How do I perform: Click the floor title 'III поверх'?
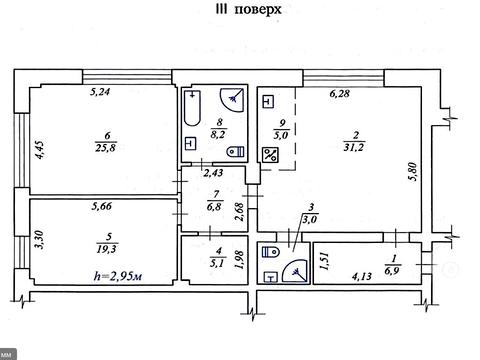click(x=249, y=10)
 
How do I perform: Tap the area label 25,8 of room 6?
click(x=106, y=148)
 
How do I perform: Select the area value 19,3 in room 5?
click(x=107, y=249)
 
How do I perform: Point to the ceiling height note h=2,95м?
click(x=118, y=276)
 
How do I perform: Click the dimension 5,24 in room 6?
click(x=100, y=92)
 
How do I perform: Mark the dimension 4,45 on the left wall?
click(x=40, y=150)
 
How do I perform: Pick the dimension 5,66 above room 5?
click(x=102, y=206)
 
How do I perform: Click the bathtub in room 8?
click(x=192, y=108)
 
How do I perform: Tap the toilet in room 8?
click(x=236, y=152)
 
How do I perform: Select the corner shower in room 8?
click(x=232, y=100)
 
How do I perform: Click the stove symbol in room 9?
click(x=270, y=155)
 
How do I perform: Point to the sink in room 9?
click(x=268, y=102)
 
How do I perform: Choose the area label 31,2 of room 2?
click(x=354, y=147)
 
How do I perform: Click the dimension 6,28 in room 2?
click(x=340, y=93)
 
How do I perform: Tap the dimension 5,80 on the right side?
click(x=413, y=172)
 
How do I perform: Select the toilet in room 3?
click(x=270, y=252)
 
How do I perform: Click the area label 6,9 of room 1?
click(x=392, y=270)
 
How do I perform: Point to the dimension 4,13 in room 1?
click(x=362, y=276)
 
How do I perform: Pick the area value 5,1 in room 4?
click(x=217, y=263)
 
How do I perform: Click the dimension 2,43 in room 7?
click(x=213, y=173)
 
